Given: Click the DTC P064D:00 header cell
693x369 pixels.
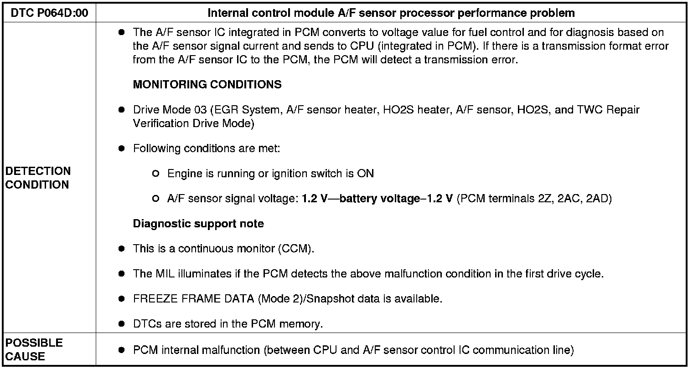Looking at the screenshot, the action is click(49, 13).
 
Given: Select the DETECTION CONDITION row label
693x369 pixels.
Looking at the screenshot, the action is click(38, 178).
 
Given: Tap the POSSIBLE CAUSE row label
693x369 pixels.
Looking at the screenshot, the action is click(34, 349).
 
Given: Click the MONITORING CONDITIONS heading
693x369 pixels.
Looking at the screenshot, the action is click(207, 84).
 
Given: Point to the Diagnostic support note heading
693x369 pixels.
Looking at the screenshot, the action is click(198, 224).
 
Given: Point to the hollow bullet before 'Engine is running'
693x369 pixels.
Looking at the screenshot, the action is click(156, 174).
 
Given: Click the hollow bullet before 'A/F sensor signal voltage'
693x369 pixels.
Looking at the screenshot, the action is click(156, 199).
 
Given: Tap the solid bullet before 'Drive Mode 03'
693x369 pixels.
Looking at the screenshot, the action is click(121, 110).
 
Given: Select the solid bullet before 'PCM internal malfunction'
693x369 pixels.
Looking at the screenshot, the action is click(121, 350).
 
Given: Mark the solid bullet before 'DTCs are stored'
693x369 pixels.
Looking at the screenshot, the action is click(121, 324).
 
